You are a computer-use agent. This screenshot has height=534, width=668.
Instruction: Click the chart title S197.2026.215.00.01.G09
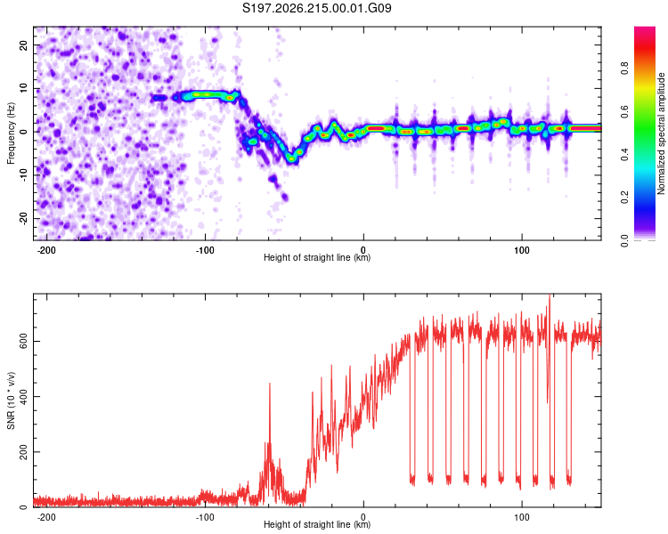tap(316, 8)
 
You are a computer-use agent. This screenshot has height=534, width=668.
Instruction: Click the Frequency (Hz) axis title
tap(11, 133)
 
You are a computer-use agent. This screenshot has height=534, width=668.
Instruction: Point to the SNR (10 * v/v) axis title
tap(11, 400)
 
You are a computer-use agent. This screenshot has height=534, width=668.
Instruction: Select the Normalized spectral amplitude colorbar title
tap(661, 133)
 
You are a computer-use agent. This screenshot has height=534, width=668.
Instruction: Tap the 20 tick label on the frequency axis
tap(23, 44)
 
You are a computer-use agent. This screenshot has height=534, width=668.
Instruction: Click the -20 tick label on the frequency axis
tap(23, 220)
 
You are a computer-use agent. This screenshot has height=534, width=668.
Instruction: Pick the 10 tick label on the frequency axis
tap(23, 88)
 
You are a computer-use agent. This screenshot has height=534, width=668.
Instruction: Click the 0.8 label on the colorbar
tap(624, 69)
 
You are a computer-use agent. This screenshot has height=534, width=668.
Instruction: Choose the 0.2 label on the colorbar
tap(624, 198)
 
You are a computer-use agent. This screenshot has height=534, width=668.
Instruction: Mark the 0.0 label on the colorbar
tap(624, 240)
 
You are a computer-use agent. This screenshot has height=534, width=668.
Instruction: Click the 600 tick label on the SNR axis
tap(23, 341)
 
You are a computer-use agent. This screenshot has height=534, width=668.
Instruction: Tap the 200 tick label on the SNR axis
tap(23, 452)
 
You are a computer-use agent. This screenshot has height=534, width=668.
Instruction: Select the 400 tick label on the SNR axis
tap(23, 396)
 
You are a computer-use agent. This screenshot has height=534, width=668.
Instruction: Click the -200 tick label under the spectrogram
tap(46, 250)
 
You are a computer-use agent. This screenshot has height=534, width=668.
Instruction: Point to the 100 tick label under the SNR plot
tap(521, 517)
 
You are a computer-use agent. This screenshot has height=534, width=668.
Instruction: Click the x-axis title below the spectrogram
tap(317, 257)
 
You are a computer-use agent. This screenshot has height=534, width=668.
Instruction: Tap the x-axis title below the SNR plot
tap(317, 524)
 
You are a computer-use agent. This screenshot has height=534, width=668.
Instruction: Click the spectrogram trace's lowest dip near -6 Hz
tap(291, 158)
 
